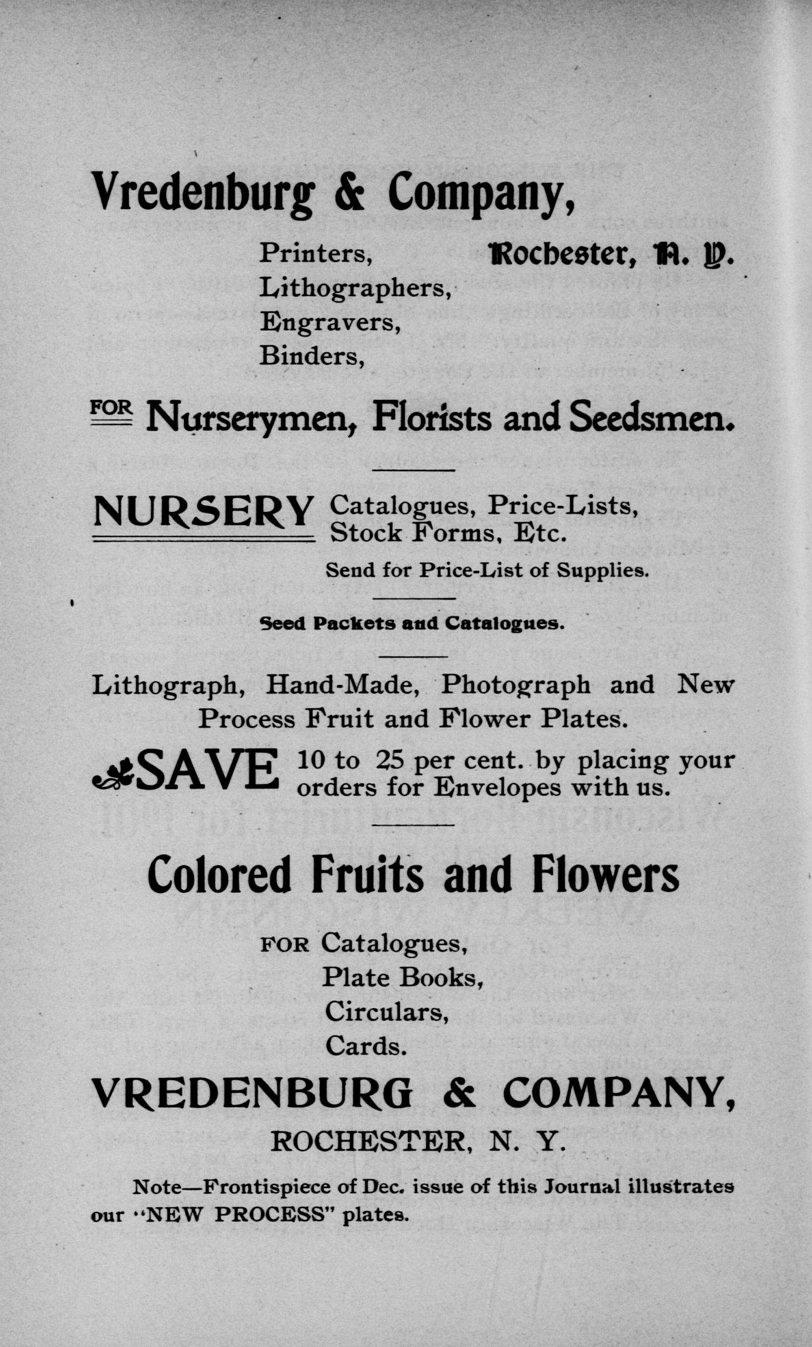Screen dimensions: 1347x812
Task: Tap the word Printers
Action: point(315,253)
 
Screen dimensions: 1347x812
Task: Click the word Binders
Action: point(312,357)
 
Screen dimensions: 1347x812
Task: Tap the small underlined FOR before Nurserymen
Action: point(111,410)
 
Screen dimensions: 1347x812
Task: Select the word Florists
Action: point(432,418)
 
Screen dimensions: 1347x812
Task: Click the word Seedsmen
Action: point(650,418)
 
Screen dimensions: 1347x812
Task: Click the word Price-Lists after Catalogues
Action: point(563,505)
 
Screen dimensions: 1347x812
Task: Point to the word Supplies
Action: point(603,571)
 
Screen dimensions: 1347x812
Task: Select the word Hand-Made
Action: point(342,686)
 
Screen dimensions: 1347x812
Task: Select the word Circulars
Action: point(386,1012)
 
